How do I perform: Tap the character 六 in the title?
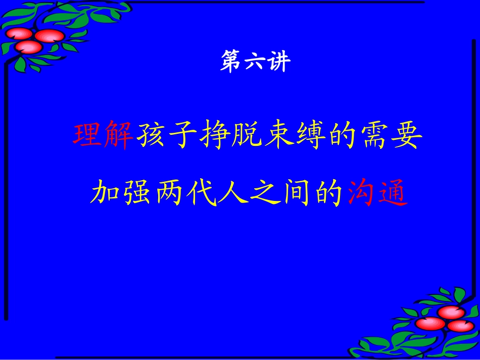[255, 63]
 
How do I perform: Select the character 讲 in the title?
[278, 63]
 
